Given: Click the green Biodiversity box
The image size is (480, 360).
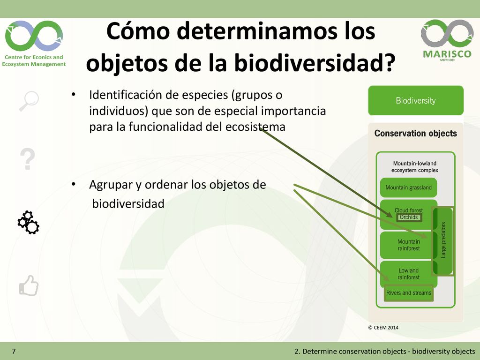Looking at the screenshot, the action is [x=416, y=100].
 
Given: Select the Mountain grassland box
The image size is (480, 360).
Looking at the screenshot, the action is [x=408, y=187].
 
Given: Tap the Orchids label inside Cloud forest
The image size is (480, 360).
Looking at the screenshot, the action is [x=409, y=217].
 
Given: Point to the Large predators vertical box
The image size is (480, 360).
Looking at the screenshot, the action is [x=442, y=241].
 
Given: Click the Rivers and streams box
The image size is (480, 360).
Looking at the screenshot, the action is [x=409, y=293].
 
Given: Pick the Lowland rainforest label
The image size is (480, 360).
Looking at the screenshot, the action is [x=408, y=274].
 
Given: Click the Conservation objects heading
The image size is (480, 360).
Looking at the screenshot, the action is [x=415, y=134].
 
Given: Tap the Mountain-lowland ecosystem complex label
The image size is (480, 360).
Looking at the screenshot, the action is [x=415, y=167].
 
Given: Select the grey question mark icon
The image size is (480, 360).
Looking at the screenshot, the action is [x=28, y=159].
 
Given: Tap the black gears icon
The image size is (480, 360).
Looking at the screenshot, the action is [x=28, y=223].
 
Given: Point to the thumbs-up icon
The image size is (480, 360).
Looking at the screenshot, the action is [x=29, y=285].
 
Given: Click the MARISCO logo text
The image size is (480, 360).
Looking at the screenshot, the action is [x=447, y=54].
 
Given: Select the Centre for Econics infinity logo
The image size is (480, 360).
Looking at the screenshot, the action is [x=34, y=36].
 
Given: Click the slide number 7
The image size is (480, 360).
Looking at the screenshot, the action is [x=14, y=351].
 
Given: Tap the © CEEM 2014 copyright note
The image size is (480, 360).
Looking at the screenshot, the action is [x=383, y=328].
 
